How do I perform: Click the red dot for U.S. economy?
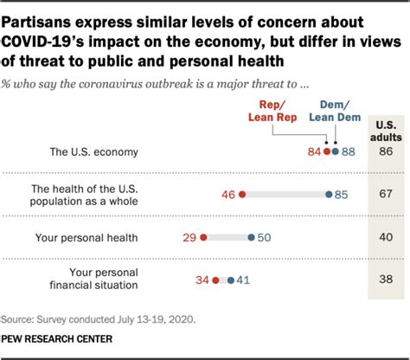coord(325,151)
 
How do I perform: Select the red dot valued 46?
coord(242,195)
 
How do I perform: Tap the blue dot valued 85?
coord(328,195)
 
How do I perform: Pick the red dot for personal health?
coord(203,237)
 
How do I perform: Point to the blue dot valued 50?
coord(251,237)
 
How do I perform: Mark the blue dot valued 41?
coord(229,280)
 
